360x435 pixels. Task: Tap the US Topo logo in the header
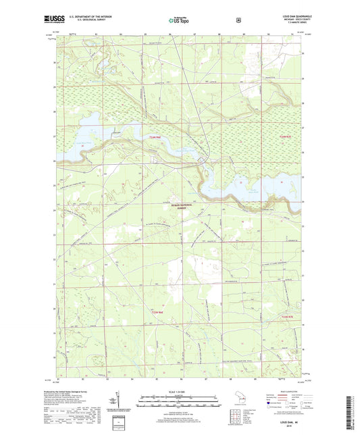pyautogui.click(x=179, y=21)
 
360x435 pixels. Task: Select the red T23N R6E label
pyautogui.click(x=155, y=312)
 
